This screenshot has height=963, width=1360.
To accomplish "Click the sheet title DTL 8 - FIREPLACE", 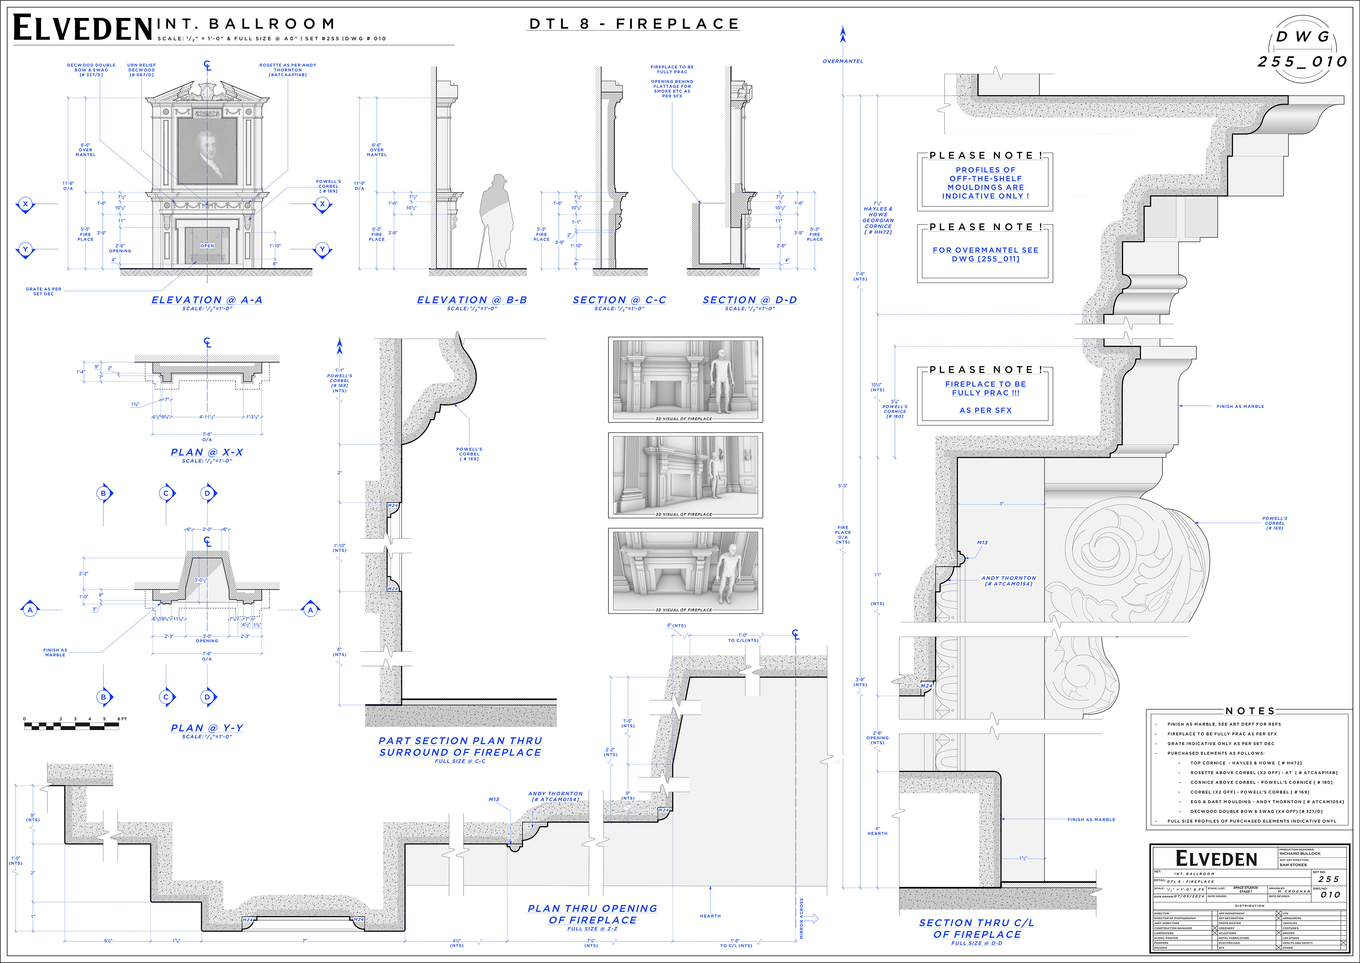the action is pos(634,24).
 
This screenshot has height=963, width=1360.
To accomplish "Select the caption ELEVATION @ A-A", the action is pos(207,300).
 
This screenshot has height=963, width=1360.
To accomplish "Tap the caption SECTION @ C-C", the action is pos(619,300).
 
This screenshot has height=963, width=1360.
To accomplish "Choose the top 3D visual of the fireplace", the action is pos(685,380).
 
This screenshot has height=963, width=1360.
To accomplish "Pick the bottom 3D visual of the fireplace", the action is pos(685,570).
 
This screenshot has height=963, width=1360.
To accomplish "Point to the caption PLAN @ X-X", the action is pos(207,453).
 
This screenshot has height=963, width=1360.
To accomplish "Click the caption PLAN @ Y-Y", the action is pos(207,728).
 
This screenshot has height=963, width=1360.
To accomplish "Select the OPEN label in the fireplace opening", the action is pos(207,246).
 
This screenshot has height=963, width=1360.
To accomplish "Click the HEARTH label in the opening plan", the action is pos(710,916).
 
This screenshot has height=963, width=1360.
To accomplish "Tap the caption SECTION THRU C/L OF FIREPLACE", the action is pos(976,929).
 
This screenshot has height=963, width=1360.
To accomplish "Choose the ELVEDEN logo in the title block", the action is pos(1216,859).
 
